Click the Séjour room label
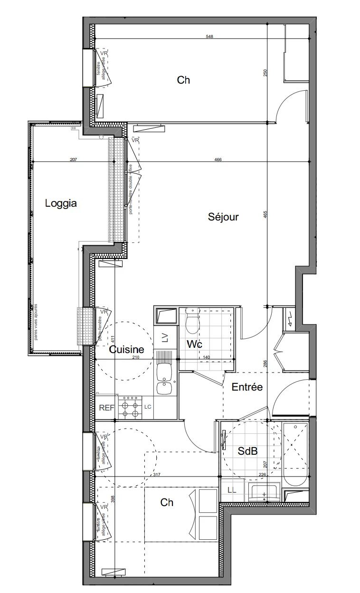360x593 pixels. (223, 217)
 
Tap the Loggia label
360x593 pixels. (61, 203)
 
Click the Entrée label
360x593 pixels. (247, 387)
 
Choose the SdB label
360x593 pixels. (247, 451)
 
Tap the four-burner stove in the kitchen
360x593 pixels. (131, 407)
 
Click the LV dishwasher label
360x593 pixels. (165, 338)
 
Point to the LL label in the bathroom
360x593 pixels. (232, 490)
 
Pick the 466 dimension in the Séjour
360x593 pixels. (218, 160)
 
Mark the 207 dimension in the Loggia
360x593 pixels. (73, 160)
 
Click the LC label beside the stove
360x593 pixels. (148, 407)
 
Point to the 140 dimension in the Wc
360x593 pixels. (206, 358)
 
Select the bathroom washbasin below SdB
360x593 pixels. (265, 492)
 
